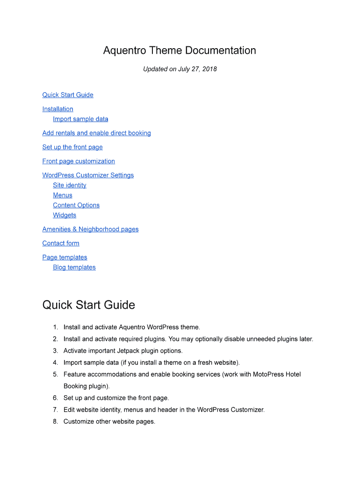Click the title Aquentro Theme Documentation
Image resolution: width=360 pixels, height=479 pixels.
click(180, 51)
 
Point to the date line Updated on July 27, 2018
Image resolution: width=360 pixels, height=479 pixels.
click(180, 69)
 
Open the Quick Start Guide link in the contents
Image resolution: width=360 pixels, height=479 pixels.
click(68, 95)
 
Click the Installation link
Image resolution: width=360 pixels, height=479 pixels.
click(58, 109)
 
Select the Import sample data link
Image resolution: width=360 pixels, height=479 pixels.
click(80, 119)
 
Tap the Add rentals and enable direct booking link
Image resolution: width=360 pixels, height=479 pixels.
click(96, 133)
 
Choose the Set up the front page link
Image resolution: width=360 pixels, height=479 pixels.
click(72, 147)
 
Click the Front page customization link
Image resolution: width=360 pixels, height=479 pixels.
click(79, 161)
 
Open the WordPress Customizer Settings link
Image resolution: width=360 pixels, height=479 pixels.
click(88, 175)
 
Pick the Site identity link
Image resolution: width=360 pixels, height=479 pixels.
click(70, 186)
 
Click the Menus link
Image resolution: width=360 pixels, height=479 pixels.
click(63, 196)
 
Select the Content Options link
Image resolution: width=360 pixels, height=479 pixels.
click(76, 205)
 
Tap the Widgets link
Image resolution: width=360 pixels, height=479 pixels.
click(65, 216)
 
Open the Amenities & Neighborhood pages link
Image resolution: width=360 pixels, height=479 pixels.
click(90, 230)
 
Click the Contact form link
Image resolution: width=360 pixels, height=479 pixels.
click(61, 244)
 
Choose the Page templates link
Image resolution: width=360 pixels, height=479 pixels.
click(65, 258)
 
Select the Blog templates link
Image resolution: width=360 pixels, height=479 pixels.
click(74, 268)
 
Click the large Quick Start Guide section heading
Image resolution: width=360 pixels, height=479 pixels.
click(89, 305)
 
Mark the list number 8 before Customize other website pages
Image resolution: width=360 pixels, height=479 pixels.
click(55, 421)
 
